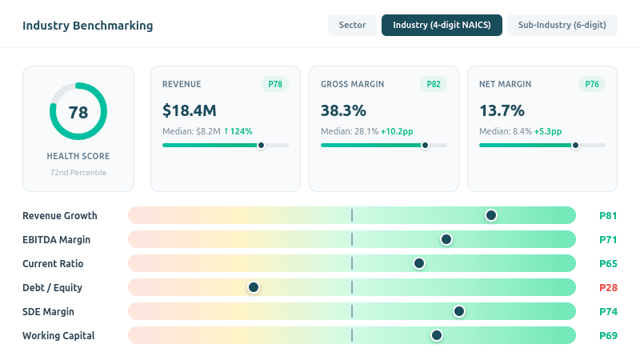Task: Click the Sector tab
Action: pos(352,26)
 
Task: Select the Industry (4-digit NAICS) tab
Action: pos(442,26)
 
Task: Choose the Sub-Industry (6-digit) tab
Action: pos(562,26)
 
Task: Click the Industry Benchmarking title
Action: pos(87,26)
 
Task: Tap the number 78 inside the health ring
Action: pos(78,112)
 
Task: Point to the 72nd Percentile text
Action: pos(78,172)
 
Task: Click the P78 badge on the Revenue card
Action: pos(275,84)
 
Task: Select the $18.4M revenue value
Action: pos(190,110)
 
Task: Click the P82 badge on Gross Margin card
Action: pos(434,84)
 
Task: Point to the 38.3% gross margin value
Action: pos(343,110)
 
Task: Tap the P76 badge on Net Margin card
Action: pos(592,84)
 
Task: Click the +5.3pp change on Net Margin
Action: pos(548,131)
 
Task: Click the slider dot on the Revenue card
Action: pos(261,146)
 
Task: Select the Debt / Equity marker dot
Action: pos(254,287)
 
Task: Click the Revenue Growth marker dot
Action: pos(491,215)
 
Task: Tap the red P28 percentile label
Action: pos(608,287)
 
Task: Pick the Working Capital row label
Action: pos(58,335)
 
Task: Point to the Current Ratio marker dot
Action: pos(419,263)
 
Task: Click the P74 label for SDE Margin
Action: pos(608,311)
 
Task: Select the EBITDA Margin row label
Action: pos(56,239)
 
